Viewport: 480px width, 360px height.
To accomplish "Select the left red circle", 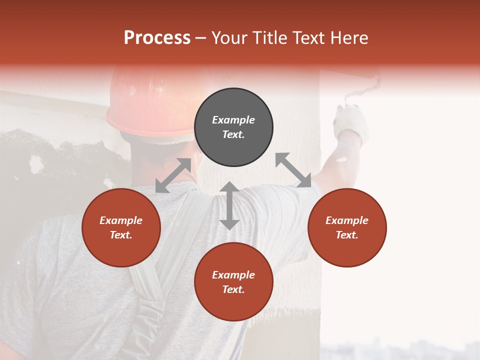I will point(121,228).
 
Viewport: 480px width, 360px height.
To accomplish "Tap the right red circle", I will point(347,228).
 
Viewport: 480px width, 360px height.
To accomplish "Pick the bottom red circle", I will point(233,282).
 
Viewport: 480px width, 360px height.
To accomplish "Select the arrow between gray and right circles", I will point(293,170).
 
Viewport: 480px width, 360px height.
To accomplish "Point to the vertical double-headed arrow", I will point(229,205).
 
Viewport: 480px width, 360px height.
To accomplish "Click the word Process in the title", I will point(157,37).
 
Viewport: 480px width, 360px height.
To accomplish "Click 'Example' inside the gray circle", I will point(233,120).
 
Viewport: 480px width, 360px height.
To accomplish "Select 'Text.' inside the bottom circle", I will point(233,289).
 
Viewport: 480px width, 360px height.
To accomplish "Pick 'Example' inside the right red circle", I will point(347,220).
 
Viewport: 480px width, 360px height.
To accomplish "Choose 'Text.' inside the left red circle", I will point(121,235).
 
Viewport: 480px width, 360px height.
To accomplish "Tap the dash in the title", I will point(201,38).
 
